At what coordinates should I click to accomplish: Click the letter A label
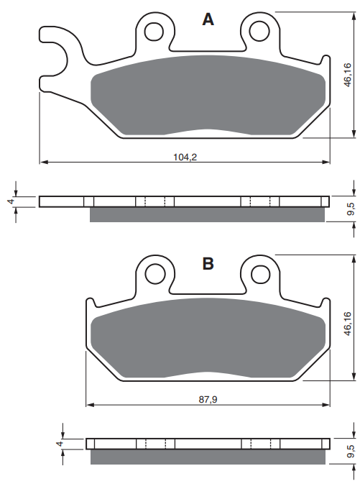tap(208, 20)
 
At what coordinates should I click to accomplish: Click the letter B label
tap(208, 264)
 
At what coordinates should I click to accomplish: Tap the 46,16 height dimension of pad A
tap(347, 75)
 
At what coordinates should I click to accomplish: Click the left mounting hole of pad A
tap(154, 31)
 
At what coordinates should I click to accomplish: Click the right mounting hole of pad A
tap(259, 31)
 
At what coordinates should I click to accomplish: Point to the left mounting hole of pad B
tap(154, 273)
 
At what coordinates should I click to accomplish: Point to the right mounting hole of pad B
tap(259, 273)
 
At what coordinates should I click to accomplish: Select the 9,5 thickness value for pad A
tap(350, 209)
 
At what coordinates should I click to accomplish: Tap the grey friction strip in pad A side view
tap(208, 214)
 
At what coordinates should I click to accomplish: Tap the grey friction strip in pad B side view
tap(208, 457)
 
